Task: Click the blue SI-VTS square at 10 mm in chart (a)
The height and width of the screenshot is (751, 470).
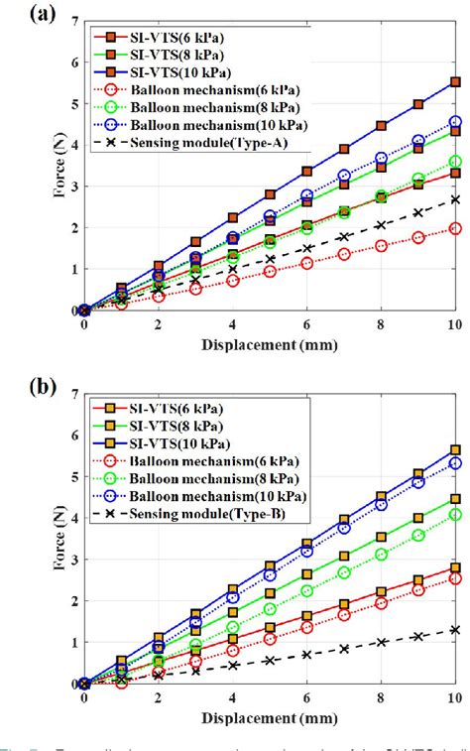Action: point(455,82)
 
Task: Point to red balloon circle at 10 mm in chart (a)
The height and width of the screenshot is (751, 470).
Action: point(455,228)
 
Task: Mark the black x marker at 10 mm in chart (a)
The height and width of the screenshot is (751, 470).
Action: point(455,198)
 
